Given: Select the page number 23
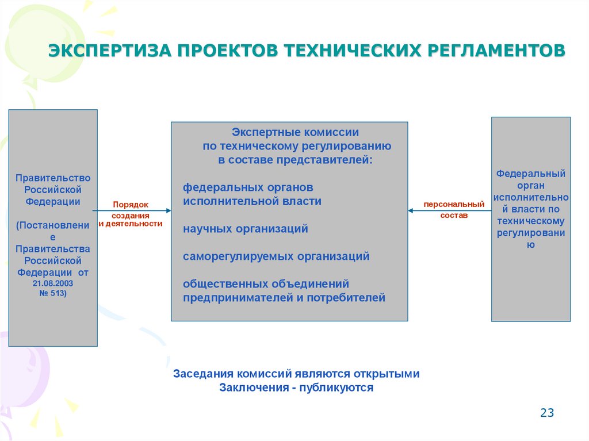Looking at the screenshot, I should pyautogui.click(x=547, y=413).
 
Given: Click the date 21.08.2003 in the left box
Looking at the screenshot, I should pyautogui.click(x=53, y=283).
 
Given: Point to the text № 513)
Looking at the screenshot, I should pyautogui.click(x=53, y=294).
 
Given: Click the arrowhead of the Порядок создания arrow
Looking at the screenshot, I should pyautogui.click(x=167, y=211).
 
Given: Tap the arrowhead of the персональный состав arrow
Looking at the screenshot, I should pyautogui.click(x=411, y=211).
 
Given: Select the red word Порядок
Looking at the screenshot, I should pyautogui.click(x=131, y=204).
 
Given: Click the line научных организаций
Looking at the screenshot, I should pyautogui.click(x=246, y=229).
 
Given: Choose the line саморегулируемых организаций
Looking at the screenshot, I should pyautogui.click(x=276, y=256).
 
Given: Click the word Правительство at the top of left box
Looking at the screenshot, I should pyautogui.click(x=53, y=178).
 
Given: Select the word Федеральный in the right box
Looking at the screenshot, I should pyautogui.click(x=531, y=173).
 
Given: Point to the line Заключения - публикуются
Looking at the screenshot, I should pyautogui.click(x=296, y=388).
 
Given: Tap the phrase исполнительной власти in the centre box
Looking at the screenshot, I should pyautogui.click(x=252, y=201).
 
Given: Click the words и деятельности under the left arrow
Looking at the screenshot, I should pyautogui.click(x=131, y=224).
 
